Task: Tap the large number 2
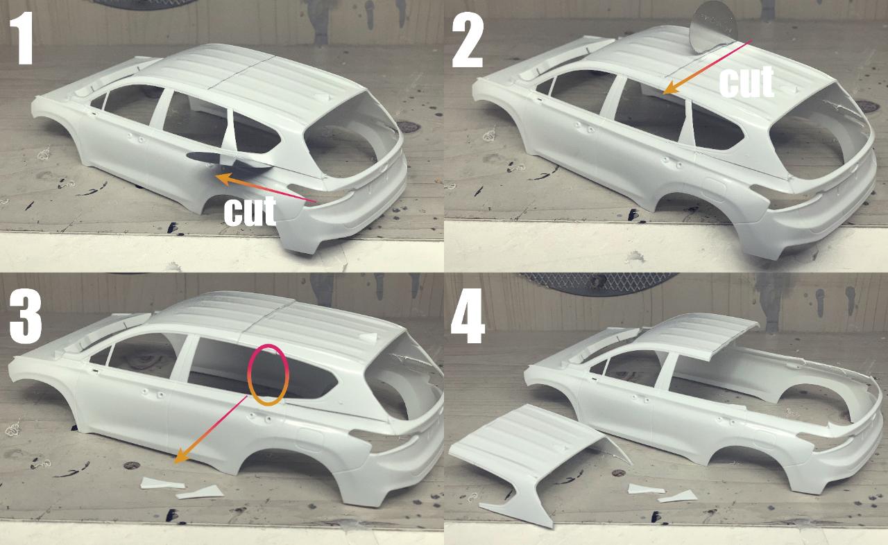tap(468, 40)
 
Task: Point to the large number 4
tap(468, 315)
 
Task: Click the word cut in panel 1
tap(250, 211)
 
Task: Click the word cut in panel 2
tap(746, 82)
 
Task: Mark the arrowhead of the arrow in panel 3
tap(180, 458)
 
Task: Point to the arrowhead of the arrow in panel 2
tap(669, 89)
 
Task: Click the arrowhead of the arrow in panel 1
tap(223, 178)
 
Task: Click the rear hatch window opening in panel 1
tap(351, 135)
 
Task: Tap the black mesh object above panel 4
tap(599, 284)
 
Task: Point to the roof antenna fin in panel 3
tap(368, 338)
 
